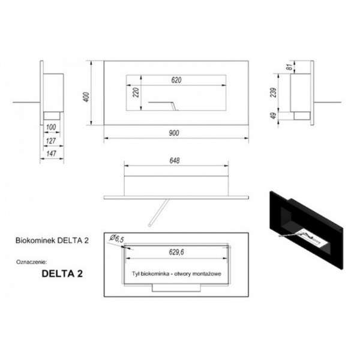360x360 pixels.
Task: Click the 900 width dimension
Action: click(x=174, y=133)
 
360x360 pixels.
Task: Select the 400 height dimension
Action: click(x=86, y=97)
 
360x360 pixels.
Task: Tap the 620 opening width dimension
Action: click(x=176, y=80)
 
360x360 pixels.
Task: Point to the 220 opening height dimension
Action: click(x=136, y=92)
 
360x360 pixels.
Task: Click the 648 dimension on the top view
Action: click(x=175, y=161)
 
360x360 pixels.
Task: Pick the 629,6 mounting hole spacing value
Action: click(x=176, y=252)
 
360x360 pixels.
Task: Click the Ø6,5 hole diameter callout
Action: click(x=117, y=239)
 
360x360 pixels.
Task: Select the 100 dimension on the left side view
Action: click(x=51, y=127)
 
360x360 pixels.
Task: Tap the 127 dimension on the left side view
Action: click(x=51, y=141)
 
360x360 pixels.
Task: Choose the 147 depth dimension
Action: click(x=51, y=154)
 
